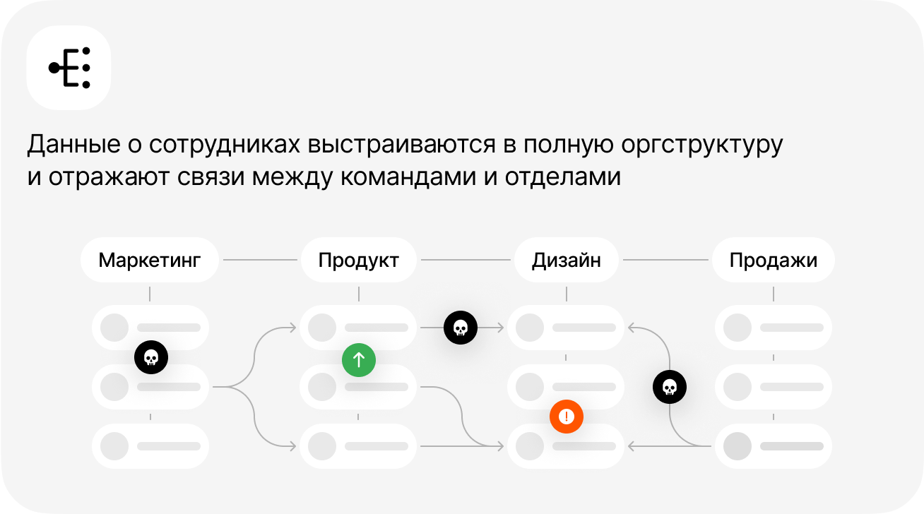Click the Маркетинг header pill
[150, 260]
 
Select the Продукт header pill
[359, 260]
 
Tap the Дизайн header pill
[566, 260]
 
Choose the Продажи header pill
[773, 260]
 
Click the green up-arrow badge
[359, 360]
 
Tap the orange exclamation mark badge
[566, 417]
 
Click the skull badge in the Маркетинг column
[150, 357]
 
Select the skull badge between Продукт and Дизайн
[460, 328]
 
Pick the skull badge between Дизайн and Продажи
[669, 387]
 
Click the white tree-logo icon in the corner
[69, 68]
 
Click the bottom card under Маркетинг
[150, 446]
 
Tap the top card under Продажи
[774, 328]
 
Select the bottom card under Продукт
[359, 446]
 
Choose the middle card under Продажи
[774, 387]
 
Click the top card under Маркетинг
[150, 328]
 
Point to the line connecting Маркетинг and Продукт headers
[260, 260]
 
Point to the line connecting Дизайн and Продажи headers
[665, 260]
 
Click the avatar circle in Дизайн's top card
[529, 328]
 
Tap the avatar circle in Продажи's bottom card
[737, 446]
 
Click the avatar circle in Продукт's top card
[321, 328]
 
